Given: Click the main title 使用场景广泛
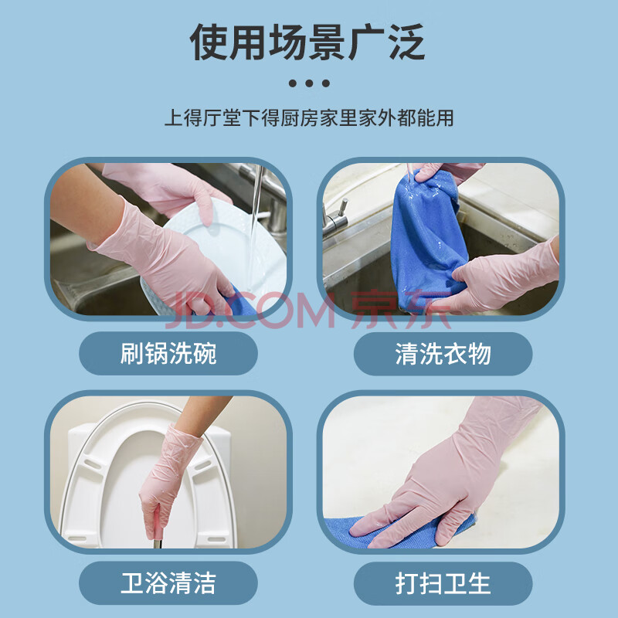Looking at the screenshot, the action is (x=307, y=42).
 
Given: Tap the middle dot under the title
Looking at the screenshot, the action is (x=309, y=83).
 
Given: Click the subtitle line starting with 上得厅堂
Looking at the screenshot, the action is (x=309, y=118).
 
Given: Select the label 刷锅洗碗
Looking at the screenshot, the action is (x=168, y=353).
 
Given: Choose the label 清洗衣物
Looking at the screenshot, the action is (x=443, y=354).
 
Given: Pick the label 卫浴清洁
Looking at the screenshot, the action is (x=168, y=583).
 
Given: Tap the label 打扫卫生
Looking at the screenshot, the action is (x=443, y=583).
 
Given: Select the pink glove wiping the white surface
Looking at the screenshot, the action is (x=446, y=477).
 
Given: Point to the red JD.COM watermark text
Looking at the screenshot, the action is (x=250, y=310).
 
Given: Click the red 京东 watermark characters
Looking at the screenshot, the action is (x=401, y=310).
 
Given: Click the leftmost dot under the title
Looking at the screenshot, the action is (x=293, y=83).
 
